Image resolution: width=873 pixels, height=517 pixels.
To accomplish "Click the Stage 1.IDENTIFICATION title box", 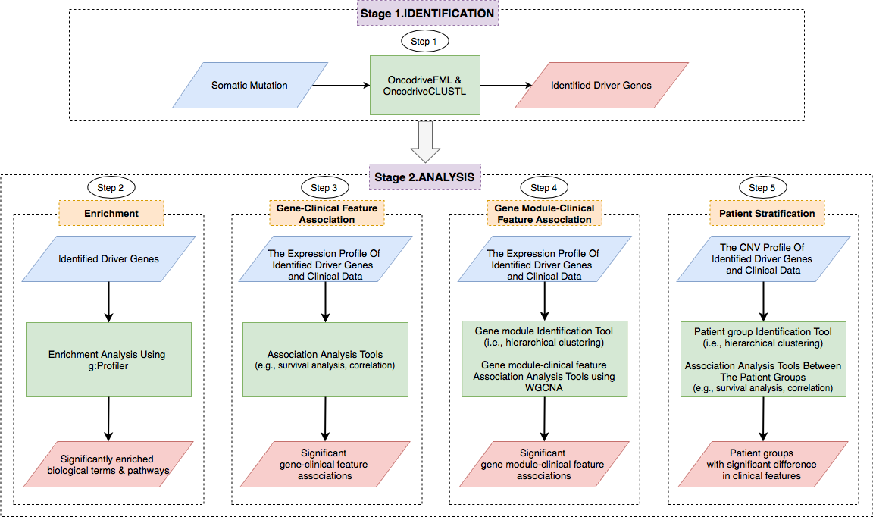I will pyautogui.click(x=427, y=14).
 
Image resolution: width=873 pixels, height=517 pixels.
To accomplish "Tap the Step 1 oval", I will pyautogui.click(x=424, y=42).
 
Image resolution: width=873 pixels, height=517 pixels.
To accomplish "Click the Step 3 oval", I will pyautogui.click(x=325, y=187).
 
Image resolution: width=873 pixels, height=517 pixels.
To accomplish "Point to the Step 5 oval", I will pyautogui.click(x=762, y=187).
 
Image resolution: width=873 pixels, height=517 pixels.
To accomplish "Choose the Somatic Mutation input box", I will pyautogui.click(x=249, y=85).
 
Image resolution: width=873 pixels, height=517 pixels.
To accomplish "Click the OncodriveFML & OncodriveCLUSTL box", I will pyautogui.click(x=424, y=85).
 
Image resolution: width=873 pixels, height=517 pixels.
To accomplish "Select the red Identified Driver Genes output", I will pyautogui.click(x=601, y=85).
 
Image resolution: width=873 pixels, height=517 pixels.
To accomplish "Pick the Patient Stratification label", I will pyautogui.click(x=765, y=213).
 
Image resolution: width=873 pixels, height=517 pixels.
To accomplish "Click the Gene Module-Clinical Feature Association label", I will pyautogui.click(x=544, y=213).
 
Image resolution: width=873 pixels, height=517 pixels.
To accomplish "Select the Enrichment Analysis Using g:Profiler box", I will pyautogui.click(x=108, y=359).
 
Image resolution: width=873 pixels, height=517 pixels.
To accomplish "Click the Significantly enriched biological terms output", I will pyautogui.click(x=108, y=465).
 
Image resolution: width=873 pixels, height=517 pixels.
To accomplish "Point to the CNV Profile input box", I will pyautogui.click(x=763, y=259).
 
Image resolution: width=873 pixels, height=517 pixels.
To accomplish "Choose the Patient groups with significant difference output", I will pyautogui.click(x=763, y=465).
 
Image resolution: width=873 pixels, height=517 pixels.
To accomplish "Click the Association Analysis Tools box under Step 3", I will pyautogui.click(x=325, y=359).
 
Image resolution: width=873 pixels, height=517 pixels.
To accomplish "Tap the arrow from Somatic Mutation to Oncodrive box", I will pyautogui.click(x=340, y=85).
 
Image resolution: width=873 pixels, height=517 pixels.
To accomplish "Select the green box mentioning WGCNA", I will pyautogui.click(x=544, y=359).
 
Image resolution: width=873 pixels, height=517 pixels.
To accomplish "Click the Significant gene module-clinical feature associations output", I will pyautogui.click(x=544, y=465).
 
